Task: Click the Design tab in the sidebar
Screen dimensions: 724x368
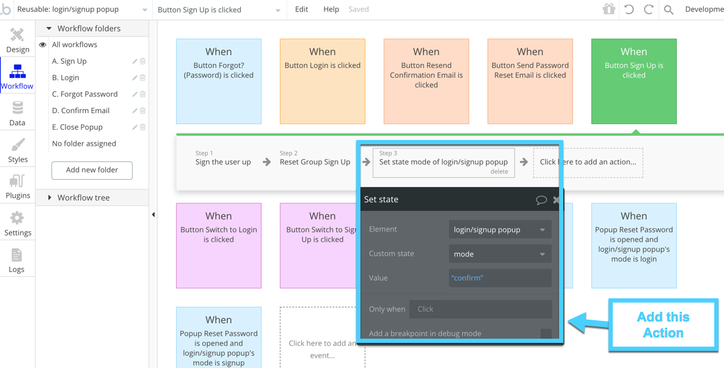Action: point(18,40)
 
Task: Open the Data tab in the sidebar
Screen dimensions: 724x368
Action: point(18,114)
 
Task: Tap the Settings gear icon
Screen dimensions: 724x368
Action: point(17,218)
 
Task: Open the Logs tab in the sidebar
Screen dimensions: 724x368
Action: point(18,260)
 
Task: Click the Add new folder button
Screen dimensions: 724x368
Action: point(92,170)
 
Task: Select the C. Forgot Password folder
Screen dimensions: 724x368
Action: point(85,94)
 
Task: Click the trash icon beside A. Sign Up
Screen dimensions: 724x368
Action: point(143,61)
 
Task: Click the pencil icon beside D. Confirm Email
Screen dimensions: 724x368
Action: point(135,111)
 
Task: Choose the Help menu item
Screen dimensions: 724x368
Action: point(331,9)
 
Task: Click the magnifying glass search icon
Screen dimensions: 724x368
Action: point(668,10)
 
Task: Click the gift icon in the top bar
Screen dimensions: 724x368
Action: point(609,9)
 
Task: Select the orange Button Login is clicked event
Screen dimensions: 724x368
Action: point(323,81)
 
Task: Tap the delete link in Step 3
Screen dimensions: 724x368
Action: point(499,171)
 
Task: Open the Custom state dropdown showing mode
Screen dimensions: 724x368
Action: point(500,254)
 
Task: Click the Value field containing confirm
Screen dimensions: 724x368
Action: point(500,278)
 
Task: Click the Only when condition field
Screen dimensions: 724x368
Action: point(481,309)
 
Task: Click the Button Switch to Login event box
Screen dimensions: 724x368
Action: point(218,246)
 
